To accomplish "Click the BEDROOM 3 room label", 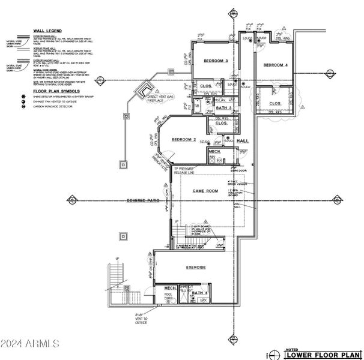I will click(x=216, y=61).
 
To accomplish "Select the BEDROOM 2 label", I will click(x=184, y=139).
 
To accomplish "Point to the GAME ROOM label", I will click(x=204, y=190).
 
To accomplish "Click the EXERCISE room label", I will click(x=195, y=267).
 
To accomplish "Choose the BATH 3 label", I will click(x=224, y=107).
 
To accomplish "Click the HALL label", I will click(x=243, y=140).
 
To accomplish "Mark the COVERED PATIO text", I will click(x=141, y=200).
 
